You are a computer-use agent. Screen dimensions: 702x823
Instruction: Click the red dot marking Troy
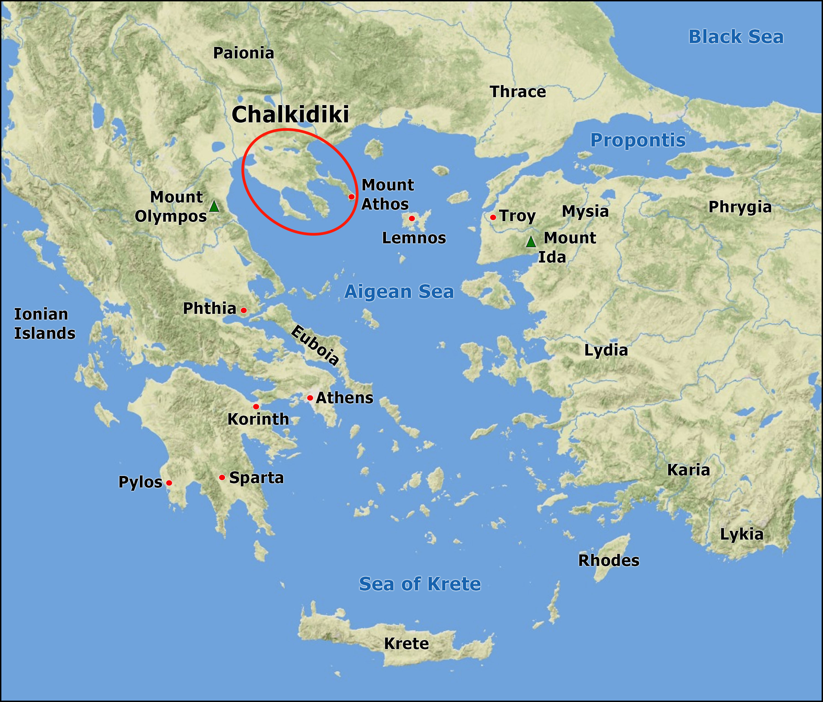[x=493, y=217]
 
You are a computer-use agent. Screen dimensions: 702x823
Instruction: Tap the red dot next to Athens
[x=310, y=398]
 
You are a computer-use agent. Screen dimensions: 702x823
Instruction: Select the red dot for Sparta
[x=222, y=477]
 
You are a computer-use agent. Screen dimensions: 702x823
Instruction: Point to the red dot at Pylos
[x=169, y=483]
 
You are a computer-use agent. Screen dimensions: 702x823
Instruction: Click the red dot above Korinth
[x=256, y=407]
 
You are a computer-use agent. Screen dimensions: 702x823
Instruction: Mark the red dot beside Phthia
[x=244, y=310]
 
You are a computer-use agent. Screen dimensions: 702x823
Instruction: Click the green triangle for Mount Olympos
[x=214, y=207]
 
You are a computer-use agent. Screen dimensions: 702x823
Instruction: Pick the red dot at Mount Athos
[x=351, y=197]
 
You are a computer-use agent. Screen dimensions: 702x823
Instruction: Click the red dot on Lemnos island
[x=412, y=218]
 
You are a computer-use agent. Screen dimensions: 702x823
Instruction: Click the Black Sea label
[x=735, y=37]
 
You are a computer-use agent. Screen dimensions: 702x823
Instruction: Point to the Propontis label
[x=638, y=140]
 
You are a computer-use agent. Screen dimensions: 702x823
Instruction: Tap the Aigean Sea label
[x=399, y=292]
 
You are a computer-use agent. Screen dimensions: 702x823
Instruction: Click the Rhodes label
[x=608, y=560]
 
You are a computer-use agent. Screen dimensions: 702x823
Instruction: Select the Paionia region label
[x=244, y=53]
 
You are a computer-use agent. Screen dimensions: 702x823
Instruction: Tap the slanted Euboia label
[x=315, y=345]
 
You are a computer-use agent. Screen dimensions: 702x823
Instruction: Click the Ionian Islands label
[x=44, y=323]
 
